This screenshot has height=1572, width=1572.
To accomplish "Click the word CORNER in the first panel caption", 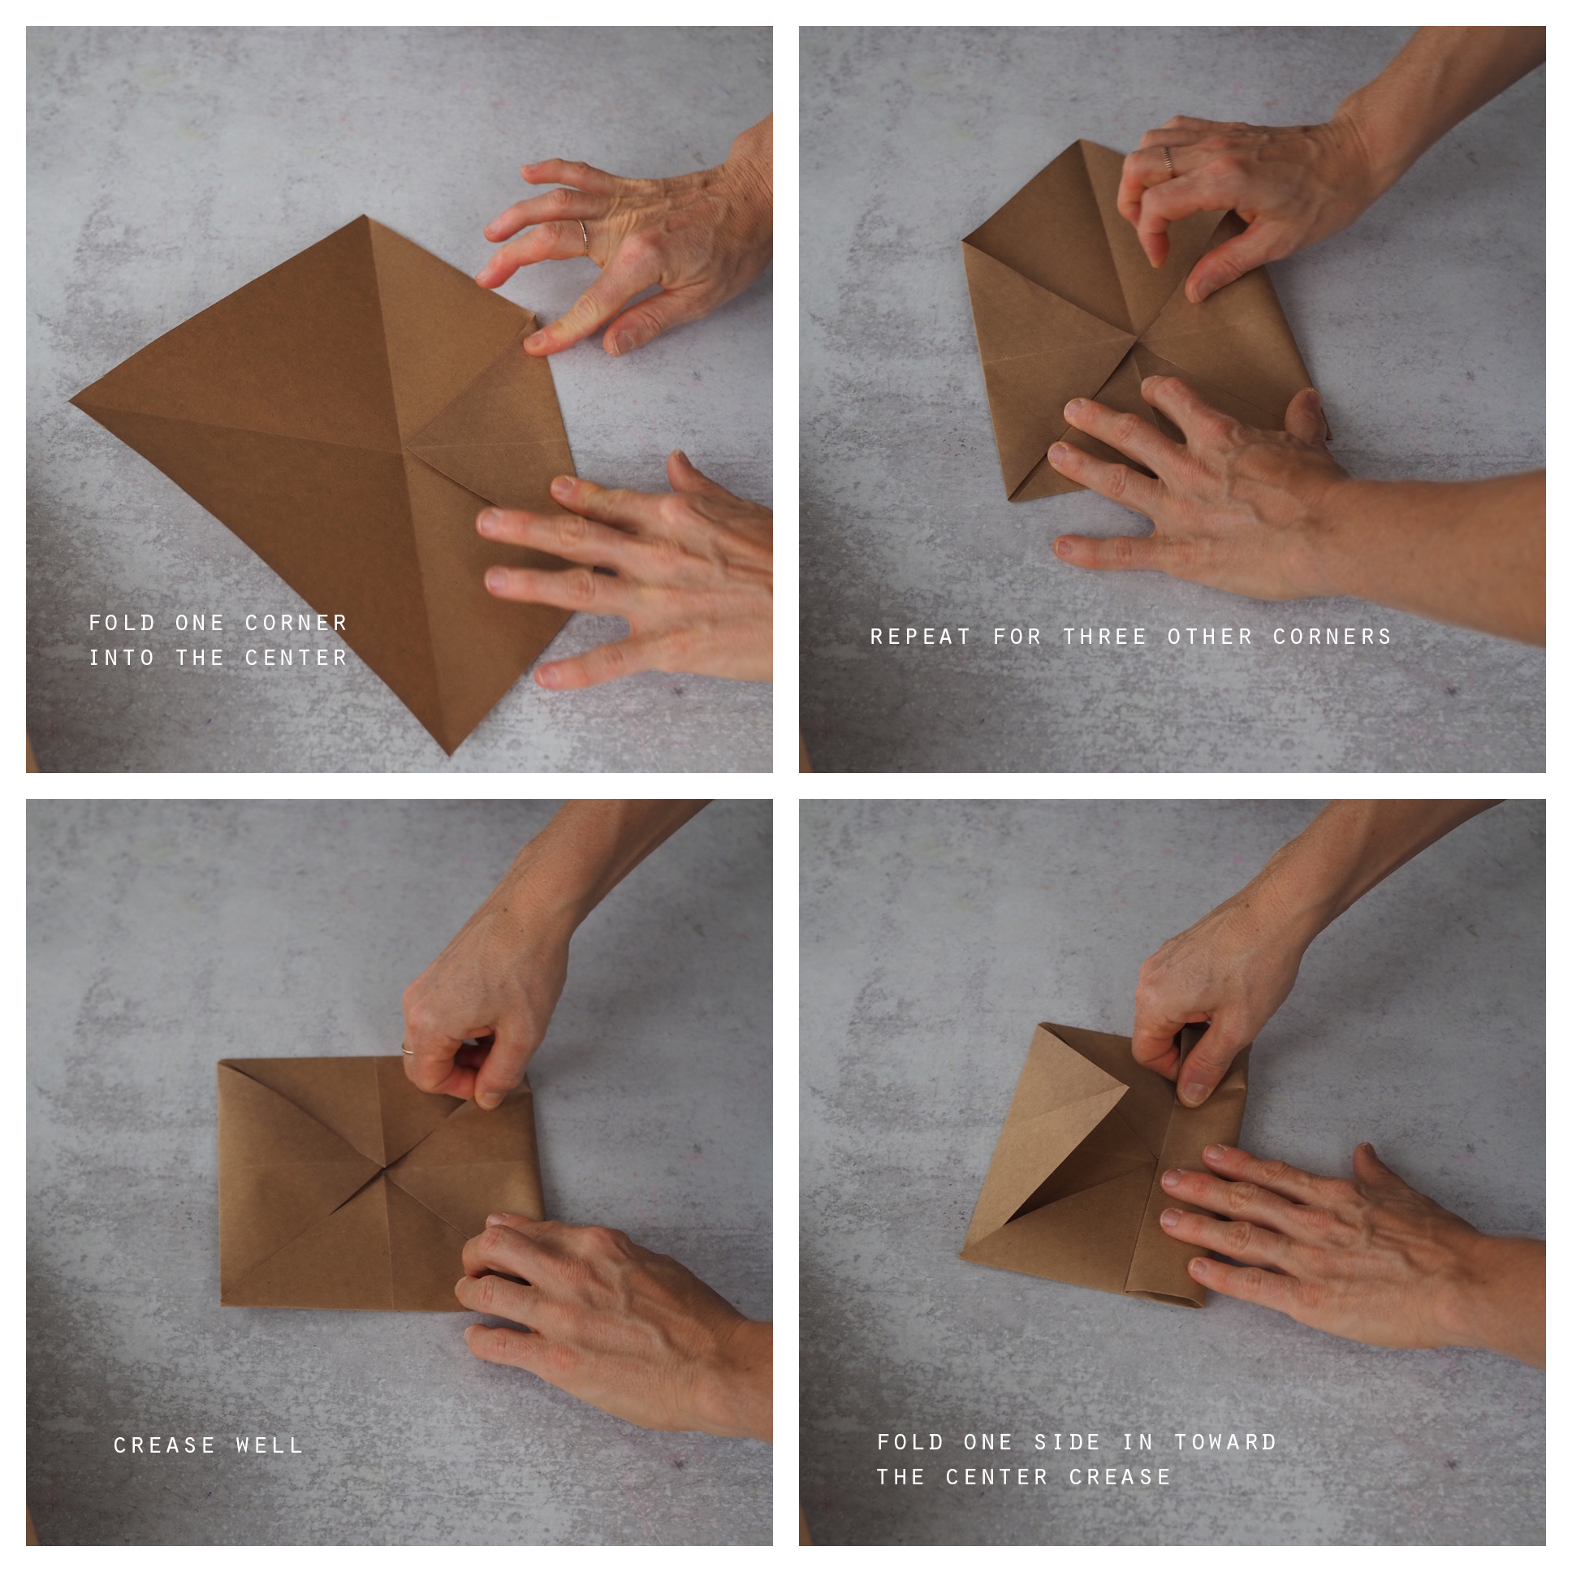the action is (x=296, y=624).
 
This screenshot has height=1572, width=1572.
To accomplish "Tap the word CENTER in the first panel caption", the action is (x=296, y=658).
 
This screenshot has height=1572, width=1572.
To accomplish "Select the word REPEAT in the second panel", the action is (x=920, y=637).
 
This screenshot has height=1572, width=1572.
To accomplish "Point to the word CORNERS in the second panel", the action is (x=1332, y=637).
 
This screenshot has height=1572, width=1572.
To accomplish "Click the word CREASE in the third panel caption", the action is (x=164, y=1445).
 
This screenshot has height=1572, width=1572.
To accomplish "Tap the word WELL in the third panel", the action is (x=270, y=1445).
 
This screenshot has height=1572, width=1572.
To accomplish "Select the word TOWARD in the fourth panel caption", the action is (x=1225, y=1442).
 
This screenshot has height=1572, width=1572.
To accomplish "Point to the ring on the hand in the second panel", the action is (x=1168, y=159).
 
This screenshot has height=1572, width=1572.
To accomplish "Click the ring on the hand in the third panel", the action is (x=408, y=1050).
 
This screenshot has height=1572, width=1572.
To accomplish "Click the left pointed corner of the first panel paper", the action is (x=71, y=400).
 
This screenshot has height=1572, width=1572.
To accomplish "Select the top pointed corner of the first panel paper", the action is (x=365, y=217).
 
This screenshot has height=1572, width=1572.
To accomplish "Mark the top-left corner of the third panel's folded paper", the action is (x=219, y=1060).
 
